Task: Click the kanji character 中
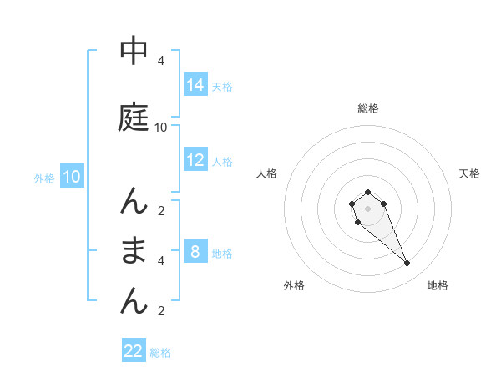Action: pyautogui.click(x=134, y=51)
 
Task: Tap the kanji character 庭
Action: pyautogui.click(x=134, y=118)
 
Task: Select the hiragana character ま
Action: pyautogui.click(x=134, y=250)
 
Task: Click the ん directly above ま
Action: pyautogui.click(x=134, y=201)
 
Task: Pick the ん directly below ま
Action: pyautogui.click(x=134, y=300)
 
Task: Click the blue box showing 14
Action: pyautogui.click(x=195, y=84)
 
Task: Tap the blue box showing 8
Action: pyautogui.click(x=195, y=251)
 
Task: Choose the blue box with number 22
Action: pyautogui.click(x=134, y=351)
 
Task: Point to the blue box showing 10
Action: pyautogui.click(x=71, y=177)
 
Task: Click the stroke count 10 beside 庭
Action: pyautogui.click(x=161, y=128)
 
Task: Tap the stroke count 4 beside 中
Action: pyautogui.click(x=161, y=61)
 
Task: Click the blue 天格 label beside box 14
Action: pyautogui.click(x=222, y=86)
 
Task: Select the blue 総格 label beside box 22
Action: pyautogui.click(x=160, y=353)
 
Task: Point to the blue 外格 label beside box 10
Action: pyautogui.click(x=44, y=178)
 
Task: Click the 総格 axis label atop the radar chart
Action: pyautogui.click(x=368, y=108)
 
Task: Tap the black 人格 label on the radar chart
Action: pyautogui.click(x=267, y=173)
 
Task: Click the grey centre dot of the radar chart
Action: pyautogui.click(x=367, y=208)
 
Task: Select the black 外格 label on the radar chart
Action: pyautogui.click(x=294, y=285)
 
